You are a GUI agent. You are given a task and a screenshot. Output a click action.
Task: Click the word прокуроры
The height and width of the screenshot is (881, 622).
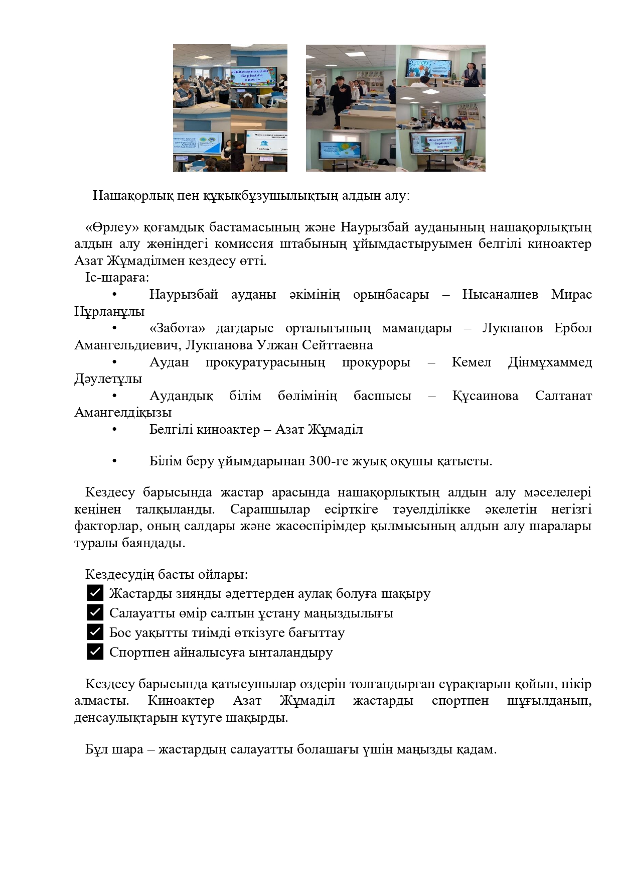376,362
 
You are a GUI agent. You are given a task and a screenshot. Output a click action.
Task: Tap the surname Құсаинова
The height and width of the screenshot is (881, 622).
485,396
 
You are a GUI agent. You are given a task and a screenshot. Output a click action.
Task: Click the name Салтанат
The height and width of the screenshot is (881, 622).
563,396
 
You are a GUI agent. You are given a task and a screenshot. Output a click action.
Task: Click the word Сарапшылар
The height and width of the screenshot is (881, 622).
270,510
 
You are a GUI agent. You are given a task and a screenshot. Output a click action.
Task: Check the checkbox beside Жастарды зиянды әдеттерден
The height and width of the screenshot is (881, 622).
95,593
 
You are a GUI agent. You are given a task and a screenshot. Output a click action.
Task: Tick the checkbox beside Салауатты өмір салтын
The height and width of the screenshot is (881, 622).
95,612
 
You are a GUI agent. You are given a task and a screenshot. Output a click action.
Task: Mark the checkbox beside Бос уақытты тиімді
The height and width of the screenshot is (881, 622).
95,632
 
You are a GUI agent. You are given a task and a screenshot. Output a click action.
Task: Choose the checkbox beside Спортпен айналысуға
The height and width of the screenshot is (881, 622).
95,652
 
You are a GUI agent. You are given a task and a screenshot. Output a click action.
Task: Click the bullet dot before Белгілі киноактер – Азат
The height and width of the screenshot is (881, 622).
115,430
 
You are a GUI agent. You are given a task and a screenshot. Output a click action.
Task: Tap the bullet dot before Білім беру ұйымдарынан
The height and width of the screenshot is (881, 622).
115,461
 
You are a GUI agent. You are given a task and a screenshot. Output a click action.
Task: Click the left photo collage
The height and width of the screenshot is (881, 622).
230,108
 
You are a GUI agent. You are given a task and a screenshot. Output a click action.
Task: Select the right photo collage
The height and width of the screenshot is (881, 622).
395,108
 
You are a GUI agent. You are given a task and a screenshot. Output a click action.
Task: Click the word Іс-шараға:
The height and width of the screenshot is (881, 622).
117,278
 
